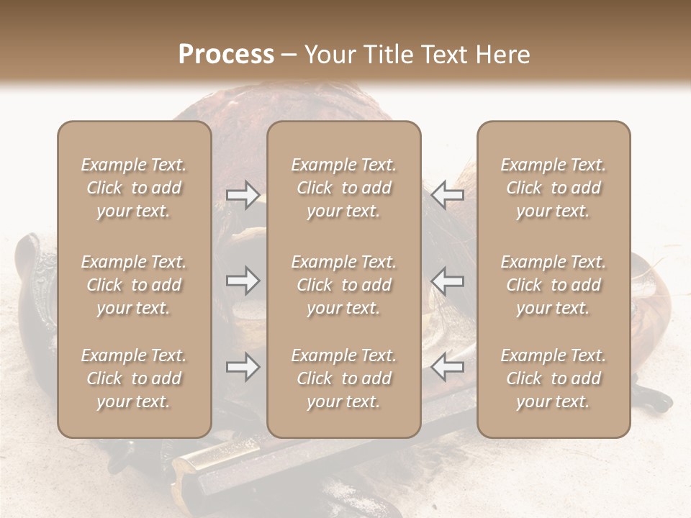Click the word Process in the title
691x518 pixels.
(x=226, y=54)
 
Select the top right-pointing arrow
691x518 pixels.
(x=243, y=195)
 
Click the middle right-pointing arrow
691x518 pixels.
(x=243, y=281)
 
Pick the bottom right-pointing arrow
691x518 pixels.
(x=243, y=367)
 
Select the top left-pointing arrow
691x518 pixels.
(x=448, y=195)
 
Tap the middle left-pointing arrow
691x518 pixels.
(x=448, y=281)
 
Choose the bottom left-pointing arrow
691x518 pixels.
(x=448, y=367)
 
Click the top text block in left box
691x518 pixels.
(x=134, y=188)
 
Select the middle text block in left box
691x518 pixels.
(x=134, y=285)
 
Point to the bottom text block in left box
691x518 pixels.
(x=134, y=378)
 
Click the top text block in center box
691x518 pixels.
(x=344, y=188)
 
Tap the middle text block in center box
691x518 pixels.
(x=344, y=285)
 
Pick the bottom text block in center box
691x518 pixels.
(x=344, y=378)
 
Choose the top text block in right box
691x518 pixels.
(x=554, y=188)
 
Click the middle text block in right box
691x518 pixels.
(x=554, y=285)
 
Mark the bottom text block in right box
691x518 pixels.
(x=554, y=378)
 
